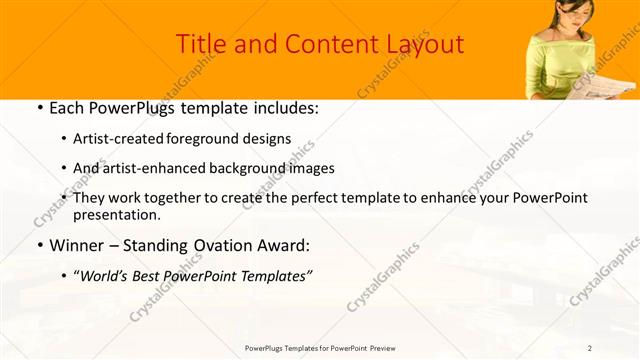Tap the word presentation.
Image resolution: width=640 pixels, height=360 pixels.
coord(118,215)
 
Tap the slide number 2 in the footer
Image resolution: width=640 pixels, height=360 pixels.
coord(590,348)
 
